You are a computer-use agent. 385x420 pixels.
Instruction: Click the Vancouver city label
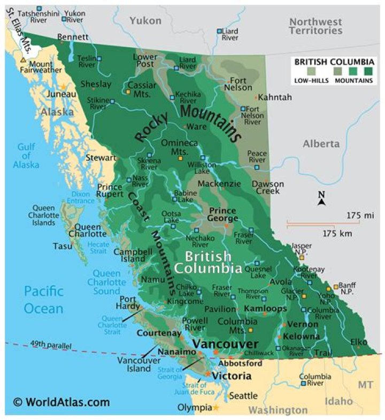coord(225,344)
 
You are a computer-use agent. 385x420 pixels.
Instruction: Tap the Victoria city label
coord(232,376)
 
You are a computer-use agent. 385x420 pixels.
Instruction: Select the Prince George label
coord(223,215)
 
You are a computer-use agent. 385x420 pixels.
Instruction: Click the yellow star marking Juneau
coord(64,86)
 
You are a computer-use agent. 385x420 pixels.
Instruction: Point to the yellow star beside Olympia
coord(216,408)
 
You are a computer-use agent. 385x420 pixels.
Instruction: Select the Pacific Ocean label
coord(43,300)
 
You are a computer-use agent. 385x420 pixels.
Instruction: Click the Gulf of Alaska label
coord(26,156)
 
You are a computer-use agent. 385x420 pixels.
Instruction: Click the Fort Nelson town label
coord(237,83)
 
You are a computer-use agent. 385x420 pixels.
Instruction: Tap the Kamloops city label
coord(265,309)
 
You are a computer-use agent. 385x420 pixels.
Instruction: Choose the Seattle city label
coord(243,396)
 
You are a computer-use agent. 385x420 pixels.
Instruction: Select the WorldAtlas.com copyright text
coord(61,402)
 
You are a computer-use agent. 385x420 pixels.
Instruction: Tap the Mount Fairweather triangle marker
coord(22,60)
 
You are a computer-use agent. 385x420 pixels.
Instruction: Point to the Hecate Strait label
coord(98,247)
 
